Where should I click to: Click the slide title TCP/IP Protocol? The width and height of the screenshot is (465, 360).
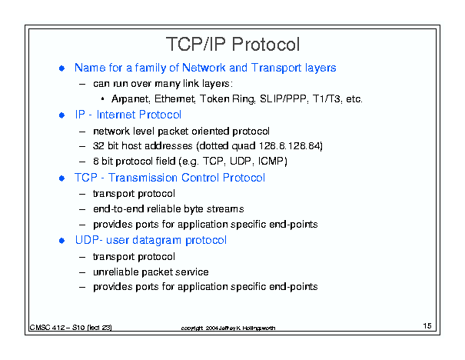click(x=233, y=44)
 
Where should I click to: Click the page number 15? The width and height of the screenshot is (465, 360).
click(x=427, y=325)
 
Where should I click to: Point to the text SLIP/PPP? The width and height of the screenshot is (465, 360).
click(x=284, y=98)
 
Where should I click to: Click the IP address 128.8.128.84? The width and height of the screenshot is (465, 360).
click(x=290, y=146)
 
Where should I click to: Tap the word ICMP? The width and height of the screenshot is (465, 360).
click(x=271, y=162)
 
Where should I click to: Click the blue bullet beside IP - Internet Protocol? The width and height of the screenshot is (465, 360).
click(x=61, y=115)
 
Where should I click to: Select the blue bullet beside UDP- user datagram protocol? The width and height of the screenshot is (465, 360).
click(x=61, y=241)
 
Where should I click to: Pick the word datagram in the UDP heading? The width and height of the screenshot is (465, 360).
click(x=157, y=241)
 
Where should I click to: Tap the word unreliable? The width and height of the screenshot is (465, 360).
click(x=115, y=272)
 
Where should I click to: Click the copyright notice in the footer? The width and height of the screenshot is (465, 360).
click(x=228, y=328)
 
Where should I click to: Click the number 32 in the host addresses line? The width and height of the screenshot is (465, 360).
click(x=98, y=146)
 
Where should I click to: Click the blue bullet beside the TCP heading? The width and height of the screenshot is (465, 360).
click(x=61, y=178)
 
